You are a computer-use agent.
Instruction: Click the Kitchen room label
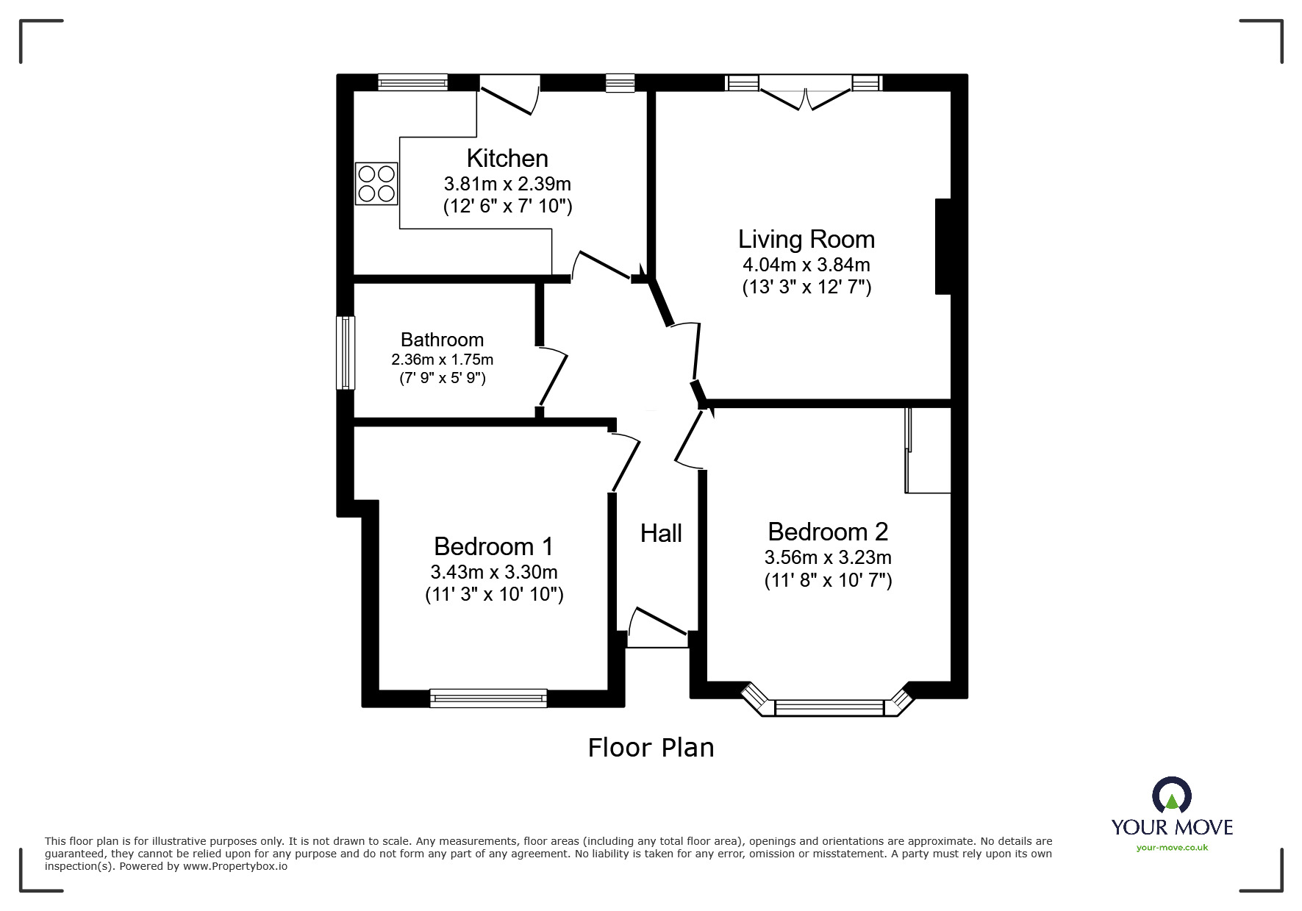click(x=507, y=158)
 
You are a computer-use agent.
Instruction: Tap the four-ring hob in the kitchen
click(x=376, y=183)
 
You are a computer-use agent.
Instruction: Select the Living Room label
click(x=806, y=239)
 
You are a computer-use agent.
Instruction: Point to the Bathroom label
click(x=442, y=340)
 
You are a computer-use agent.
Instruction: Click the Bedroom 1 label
click(x=493, y=546)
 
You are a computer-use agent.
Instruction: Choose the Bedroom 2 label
click(x=828, y=531)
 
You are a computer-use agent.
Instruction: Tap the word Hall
click(x=661, y=533)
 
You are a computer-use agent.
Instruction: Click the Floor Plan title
click(x=651, y=747)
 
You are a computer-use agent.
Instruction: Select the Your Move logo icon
click(x=1172, y=795)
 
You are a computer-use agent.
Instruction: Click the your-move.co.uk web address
click(x=1172, y=848)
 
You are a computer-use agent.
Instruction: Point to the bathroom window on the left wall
click(x=346, y=353)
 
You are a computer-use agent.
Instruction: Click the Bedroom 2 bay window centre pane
click(x=829, y=707)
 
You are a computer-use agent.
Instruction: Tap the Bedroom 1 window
click(x=489, y=698)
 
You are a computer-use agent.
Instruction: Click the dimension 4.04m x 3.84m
click(x=806, y=264)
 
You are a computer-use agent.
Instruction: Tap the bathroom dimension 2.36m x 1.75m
click(x=442, y=360)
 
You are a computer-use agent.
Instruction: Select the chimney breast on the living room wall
click(x=943, y=246)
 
